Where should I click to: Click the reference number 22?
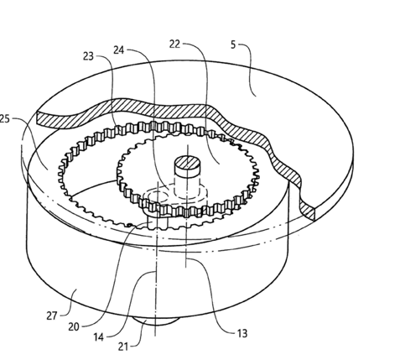[174, 44]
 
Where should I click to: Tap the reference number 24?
[119, 50]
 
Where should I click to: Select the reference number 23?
[88, 56]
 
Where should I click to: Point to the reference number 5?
[233, 44]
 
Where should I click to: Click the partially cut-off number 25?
[5, 119]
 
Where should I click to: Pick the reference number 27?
[52, 316]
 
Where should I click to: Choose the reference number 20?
[74, 326]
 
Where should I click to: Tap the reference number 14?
[98, 337]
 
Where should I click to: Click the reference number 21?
[123, 347]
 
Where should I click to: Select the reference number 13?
[242, 333]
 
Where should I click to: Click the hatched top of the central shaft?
[188, 163]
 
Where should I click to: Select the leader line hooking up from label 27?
[70, 304]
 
